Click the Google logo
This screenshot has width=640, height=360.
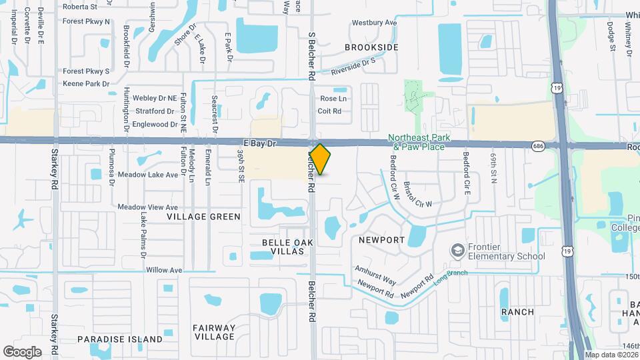click(x=22, y=351)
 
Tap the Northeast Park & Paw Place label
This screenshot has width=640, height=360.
click(x=417, y=143)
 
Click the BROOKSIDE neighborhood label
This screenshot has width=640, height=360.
click(x=371, y=47)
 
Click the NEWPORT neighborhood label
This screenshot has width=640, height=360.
click(x=382, y=239)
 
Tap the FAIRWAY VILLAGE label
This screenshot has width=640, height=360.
click(x=214, y=332)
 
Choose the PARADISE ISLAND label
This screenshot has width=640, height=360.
click(x=120, y=339)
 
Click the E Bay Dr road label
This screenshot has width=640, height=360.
click(x=259, y=143)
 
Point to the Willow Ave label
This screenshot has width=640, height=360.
click(x=164, y=270)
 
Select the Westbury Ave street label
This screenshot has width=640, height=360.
click(x=374, y=23)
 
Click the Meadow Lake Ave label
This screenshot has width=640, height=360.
click(x=148, y=175)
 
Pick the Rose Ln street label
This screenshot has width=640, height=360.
click(x=333, y=99)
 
